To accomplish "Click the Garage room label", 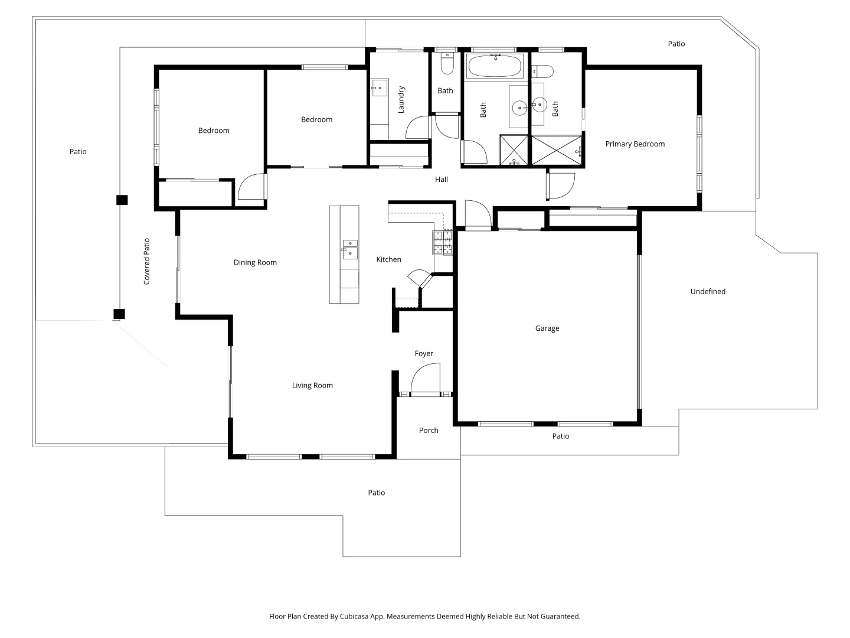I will coord(547,328).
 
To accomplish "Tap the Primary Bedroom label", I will coord(635,144).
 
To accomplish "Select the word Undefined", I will coord(708,291).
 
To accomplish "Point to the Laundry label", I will coord(401,99).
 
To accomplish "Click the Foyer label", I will coord(423,353).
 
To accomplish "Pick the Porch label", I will coord(429,430).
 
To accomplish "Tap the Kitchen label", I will coord(388,259).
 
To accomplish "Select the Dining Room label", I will coord(255,262).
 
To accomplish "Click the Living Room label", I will coord(312,385).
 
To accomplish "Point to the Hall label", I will coord(441,180).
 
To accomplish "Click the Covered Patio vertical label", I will coord(147,261).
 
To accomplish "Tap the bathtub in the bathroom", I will coord(495,66).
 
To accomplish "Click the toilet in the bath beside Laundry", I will coord(447,65).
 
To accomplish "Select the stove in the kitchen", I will coord(443,242).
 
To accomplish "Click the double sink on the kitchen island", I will coord(349,249).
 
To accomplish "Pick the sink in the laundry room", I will coord(378,88).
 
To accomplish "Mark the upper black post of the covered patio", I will coord(122,200).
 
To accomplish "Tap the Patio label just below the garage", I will coord(560,436).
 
